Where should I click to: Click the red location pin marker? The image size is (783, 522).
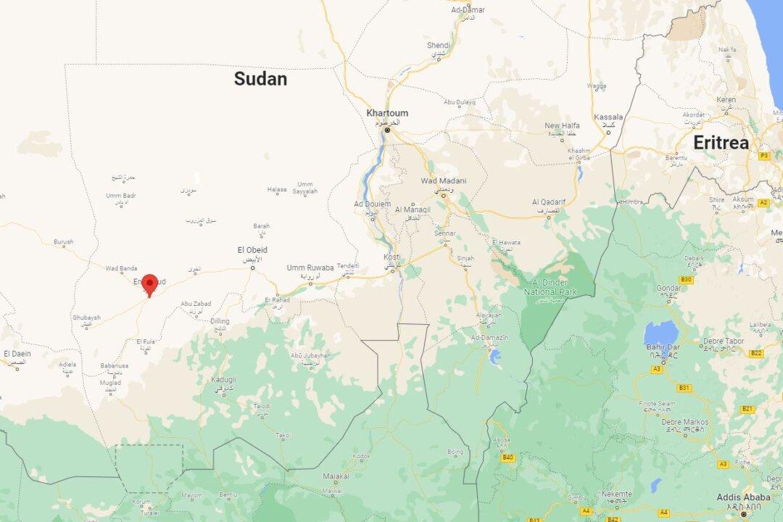[x=150, y=284]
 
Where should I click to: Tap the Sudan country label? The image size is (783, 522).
[x=260, y=79]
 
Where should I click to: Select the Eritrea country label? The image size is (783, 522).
[x=721, y=143]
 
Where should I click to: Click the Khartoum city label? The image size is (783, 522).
[x=387, y=113]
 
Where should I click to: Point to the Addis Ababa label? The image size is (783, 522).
[x=743, y=497]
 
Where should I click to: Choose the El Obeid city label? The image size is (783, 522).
[x=252, y=250]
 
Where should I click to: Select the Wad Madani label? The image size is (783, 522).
[x=444, y=181]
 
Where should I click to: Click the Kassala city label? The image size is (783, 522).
[x=608, y=117]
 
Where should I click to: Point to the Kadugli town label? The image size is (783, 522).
[x=223, y=380]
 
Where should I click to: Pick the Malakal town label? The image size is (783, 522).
[x=336, y=476]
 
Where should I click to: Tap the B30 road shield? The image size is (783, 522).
[x=686, y=280]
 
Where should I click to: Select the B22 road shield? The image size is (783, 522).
[x=756, y=353]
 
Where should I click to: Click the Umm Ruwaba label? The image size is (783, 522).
[x=310, y=268]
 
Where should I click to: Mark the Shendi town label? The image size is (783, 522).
[x=438, y=46]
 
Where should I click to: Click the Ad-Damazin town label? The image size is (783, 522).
[x=490, y=338]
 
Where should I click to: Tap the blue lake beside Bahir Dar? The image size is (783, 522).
[x=660, y=333]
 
